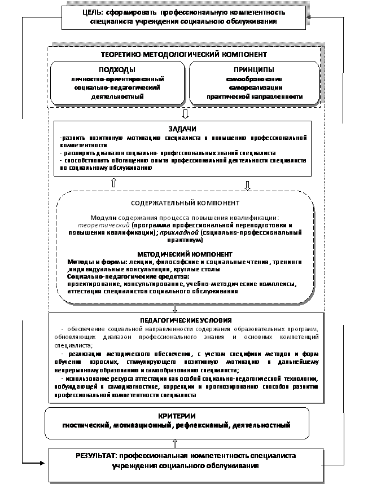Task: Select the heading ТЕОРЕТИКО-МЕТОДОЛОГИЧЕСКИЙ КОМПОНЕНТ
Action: [183, 55]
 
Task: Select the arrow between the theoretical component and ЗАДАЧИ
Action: [177, 115]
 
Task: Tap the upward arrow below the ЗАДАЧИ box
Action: [113, 183]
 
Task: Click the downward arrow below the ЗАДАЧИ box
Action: [247, 184]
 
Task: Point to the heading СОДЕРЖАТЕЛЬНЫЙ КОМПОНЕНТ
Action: [185, 203]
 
